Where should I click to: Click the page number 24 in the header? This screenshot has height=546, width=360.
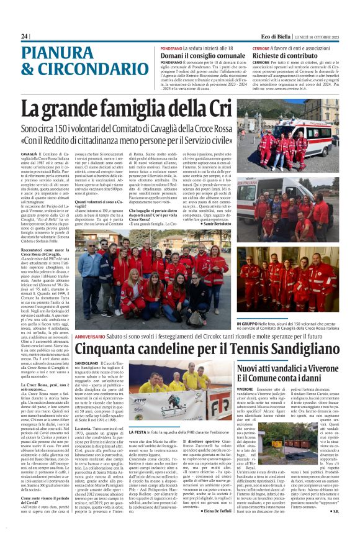coord(24,37)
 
